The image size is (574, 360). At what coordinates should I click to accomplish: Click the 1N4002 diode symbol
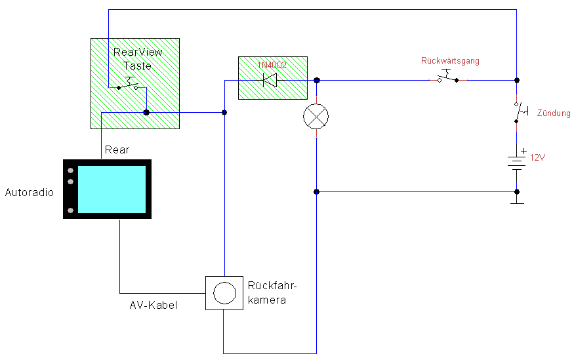coord(270,81)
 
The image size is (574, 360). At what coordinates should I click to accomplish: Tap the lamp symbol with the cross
coord(316,117)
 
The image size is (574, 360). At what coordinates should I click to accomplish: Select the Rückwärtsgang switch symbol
coord(449,77)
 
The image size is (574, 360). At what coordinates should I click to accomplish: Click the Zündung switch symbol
coord(520,112)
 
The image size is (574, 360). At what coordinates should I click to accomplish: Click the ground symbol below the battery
coord(518,200)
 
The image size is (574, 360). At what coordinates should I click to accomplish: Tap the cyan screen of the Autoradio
coord(112,190)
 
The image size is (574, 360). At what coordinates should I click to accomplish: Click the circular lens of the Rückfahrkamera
coord(224,292)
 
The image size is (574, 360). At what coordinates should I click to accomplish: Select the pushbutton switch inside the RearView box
coord(129,84)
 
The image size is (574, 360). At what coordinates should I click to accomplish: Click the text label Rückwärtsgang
coord(450,61)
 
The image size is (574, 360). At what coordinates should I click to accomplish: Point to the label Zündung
coord(554,113)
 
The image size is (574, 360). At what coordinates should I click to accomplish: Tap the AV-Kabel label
coord(153,306)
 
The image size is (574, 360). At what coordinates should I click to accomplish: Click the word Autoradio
coord(30,193)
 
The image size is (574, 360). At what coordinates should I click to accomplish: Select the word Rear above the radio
coord(117,150)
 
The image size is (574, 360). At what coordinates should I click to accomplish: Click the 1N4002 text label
coord(272,64)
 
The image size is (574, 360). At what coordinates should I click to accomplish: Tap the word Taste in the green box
coord(137,66)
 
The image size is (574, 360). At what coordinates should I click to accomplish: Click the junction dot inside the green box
coord(146,113)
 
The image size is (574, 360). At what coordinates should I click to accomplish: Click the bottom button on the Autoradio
coord(70,210)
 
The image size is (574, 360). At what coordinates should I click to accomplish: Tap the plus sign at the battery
coord(523,151)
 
